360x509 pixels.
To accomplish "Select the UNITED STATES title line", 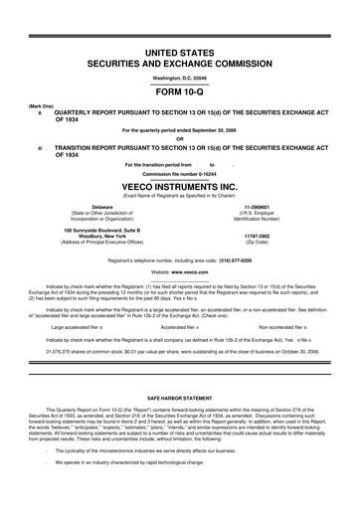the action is (180, 50).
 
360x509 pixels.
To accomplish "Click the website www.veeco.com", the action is (192, 270).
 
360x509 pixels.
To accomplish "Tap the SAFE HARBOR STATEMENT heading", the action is (180, 394).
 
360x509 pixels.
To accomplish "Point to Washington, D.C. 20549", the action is (180, 72).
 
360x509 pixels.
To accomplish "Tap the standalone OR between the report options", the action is (180, 138).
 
